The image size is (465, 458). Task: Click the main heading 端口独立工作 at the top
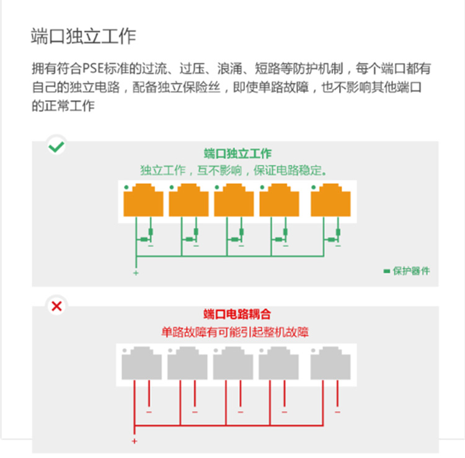[x=83, y=37]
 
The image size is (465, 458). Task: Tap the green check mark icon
[x=56, y=147]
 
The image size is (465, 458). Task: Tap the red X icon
[x=56, y=306]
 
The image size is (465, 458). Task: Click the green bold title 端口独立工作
[x=237, y=153]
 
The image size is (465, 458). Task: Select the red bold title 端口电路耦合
[x=237, y=314]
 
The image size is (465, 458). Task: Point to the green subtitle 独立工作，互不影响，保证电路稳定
[x=233, y=171]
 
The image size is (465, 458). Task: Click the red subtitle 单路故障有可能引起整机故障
[x=235, y=332]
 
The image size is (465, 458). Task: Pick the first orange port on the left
[x=143, y=200]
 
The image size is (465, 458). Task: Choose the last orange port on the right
[x=330, y=200]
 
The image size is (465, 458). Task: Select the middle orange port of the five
[x=234, y=200]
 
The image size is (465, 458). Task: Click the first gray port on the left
[x=142, y=363]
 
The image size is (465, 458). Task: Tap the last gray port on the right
[x=330, y=363]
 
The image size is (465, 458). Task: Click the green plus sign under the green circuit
[x=136, y=273]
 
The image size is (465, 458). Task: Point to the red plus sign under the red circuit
[x=135, y=441]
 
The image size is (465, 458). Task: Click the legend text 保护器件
[x=411, y=271]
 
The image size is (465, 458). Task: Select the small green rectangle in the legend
[x=387, y=271]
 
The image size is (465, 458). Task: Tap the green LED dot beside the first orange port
[x=126, y=187]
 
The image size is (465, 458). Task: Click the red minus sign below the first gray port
[x=149, y=412]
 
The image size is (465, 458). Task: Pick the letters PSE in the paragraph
[x=93, y=69]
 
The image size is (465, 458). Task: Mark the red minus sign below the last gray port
[x=337, y=412]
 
